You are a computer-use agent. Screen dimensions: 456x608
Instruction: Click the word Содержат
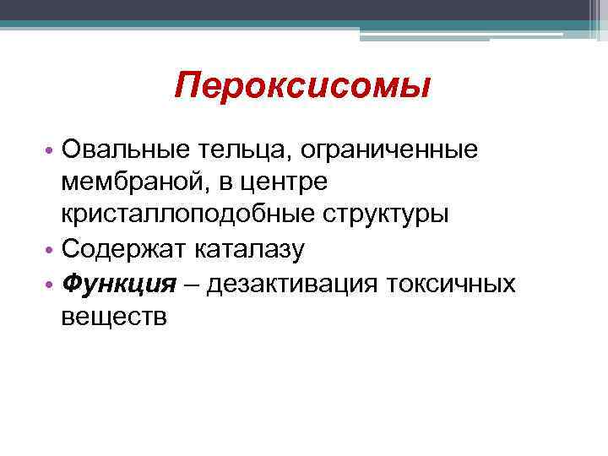[x=124, y=248]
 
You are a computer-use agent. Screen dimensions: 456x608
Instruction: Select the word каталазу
[x=252, y=248]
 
